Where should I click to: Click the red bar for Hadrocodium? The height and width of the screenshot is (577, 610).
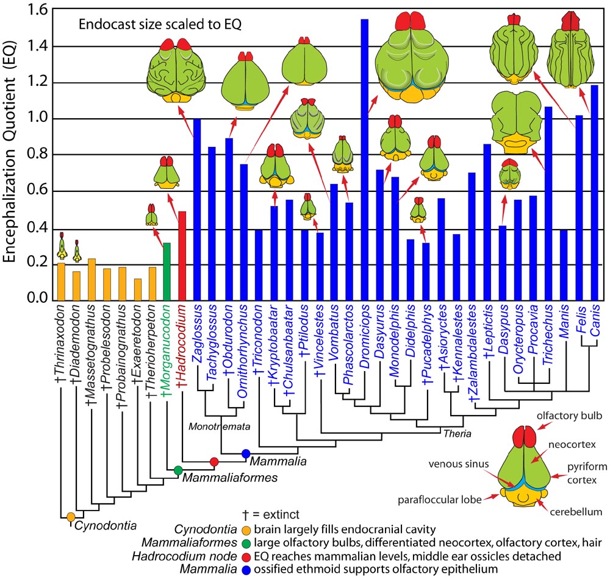click(181, 256)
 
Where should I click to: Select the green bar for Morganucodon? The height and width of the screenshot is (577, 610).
click(166, 272)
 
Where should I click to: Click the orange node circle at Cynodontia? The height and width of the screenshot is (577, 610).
click(71, 517)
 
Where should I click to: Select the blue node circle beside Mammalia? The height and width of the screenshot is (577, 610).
click(245, 453)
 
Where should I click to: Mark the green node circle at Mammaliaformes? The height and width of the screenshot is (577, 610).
click(178, 470)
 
